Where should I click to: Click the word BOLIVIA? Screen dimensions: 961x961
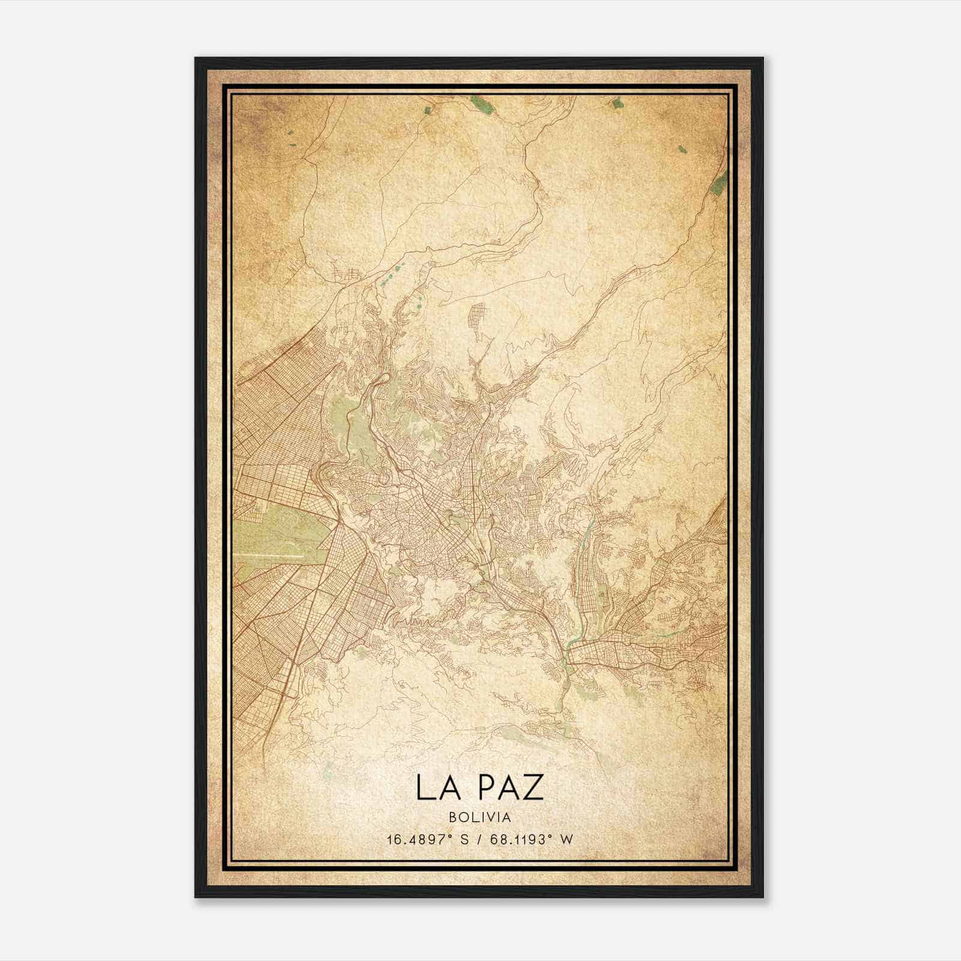(x=480, y=817)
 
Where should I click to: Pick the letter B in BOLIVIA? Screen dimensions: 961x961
(x=452, y=817)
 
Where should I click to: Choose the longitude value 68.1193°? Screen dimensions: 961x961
(x=520, y=840)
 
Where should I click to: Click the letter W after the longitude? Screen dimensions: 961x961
(x=566, y=840)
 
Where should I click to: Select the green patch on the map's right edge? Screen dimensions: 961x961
(x=718, y=181)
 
